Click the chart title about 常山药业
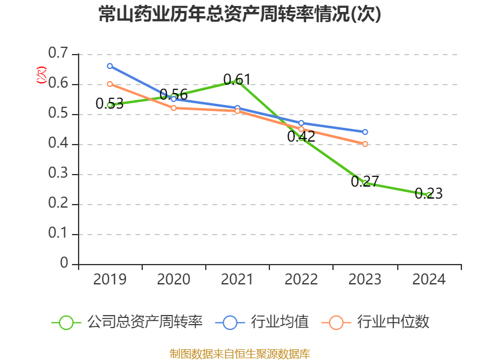click(240, 14)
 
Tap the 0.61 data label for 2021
click(237, 79)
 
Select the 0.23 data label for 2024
click(428, 194)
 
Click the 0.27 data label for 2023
click(365, 181)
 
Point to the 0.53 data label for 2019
click(109, 104)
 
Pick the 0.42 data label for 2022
click(301, 136)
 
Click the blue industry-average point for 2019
click(110, 66)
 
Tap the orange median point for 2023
click(365, 144)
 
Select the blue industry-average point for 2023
click(365, 132)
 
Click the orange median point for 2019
click(110, 84)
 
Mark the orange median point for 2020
click(173, 108)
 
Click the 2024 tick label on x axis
click(428, 280)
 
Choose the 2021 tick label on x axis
click(237, 280)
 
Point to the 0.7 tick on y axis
click(59, 54)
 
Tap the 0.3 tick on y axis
click(59, 174)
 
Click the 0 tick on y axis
click(65, 264)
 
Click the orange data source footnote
click(240, 353)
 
